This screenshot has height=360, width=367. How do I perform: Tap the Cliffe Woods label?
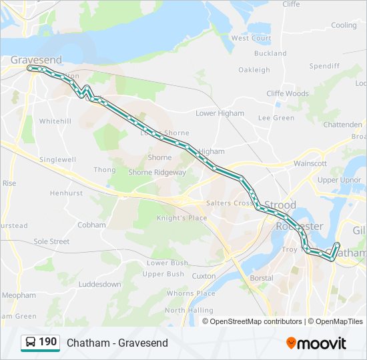point(288,94)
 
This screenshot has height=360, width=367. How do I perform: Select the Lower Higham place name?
point(220,113)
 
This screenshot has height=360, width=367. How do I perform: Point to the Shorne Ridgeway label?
point(157,172)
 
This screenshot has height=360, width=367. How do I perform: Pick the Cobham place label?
point(91,225)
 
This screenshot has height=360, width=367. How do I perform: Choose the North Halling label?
point(184,310)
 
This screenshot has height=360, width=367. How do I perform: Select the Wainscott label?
point(310,163)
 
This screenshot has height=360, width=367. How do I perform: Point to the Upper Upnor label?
point(340,180)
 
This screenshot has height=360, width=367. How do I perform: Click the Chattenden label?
point(342,125)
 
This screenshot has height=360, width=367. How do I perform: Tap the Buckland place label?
point(270,53)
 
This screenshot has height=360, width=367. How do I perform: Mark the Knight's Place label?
point(181,218)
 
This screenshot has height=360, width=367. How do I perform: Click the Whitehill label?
point(55,121)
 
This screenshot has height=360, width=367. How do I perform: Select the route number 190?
point(47,342)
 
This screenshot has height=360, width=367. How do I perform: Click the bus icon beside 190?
point(31,343)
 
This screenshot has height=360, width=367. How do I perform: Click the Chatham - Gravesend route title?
point(117,343)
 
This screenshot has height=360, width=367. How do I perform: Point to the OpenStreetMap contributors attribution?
point(253,321)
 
